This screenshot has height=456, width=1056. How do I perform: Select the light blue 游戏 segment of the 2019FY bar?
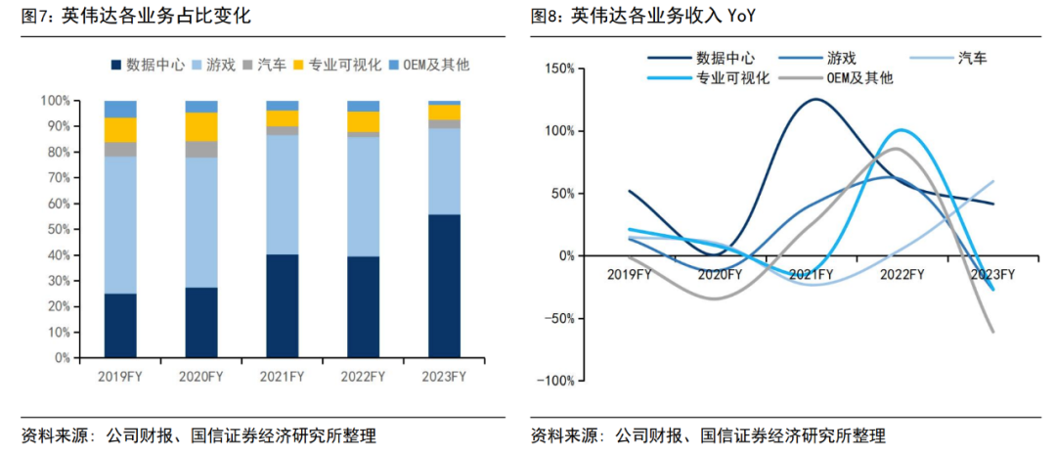120,225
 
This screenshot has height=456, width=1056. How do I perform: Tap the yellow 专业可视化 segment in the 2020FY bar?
201,127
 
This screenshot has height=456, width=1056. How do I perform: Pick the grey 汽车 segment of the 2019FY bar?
120,149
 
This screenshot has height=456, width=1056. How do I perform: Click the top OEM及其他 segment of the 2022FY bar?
363,106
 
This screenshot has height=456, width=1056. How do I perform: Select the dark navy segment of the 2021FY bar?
282,305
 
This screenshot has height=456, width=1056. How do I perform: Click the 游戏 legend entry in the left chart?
218,66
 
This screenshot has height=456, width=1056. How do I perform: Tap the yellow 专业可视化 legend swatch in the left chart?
298,66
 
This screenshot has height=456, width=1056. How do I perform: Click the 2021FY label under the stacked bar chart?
282,376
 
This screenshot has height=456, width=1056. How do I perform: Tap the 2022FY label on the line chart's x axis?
902,275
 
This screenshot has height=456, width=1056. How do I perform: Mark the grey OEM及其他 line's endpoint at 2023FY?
993,333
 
